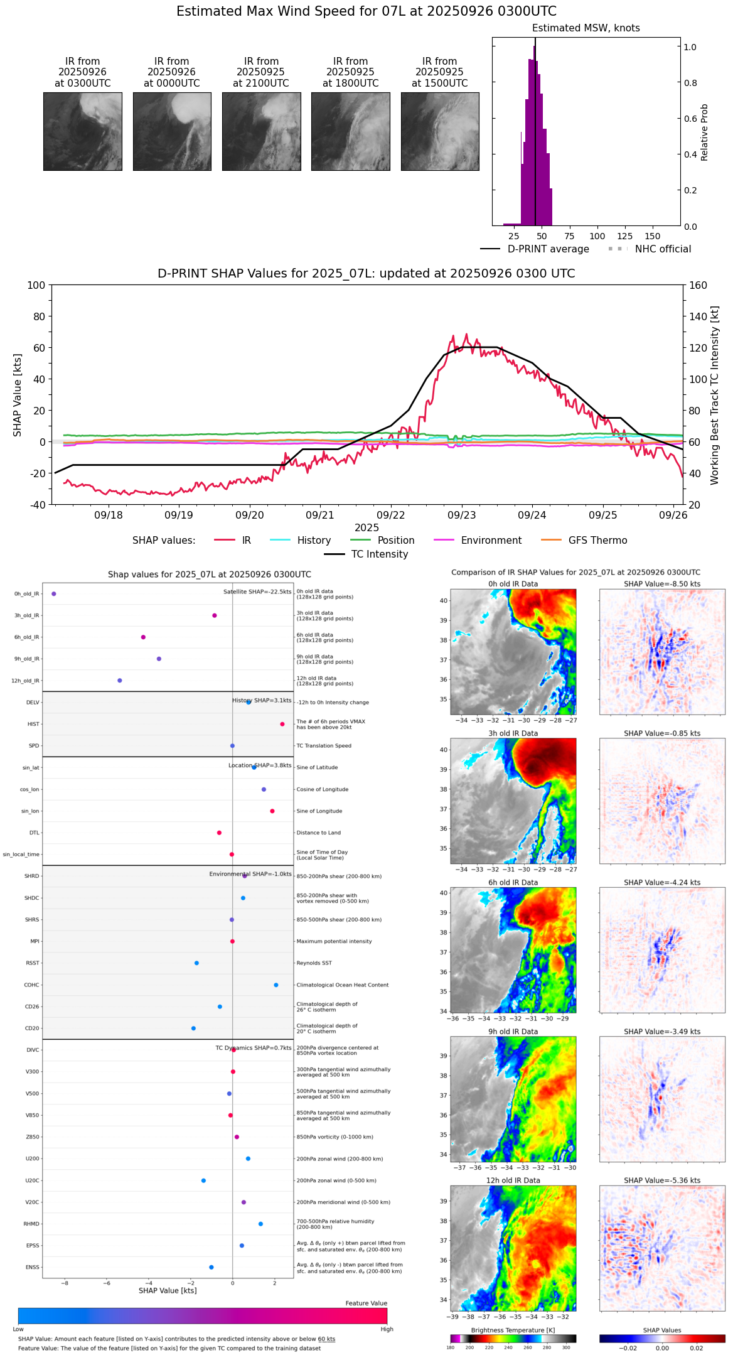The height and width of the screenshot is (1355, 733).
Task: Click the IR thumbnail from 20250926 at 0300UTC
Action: click(83, 131)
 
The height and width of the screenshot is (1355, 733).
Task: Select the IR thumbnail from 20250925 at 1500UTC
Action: click(440, 131)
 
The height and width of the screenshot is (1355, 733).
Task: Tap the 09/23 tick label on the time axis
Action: click(461, 515)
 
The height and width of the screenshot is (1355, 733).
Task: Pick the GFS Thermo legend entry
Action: click(597, 540)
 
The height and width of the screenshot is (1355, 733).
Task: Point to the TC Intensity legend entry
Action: click(379, 554)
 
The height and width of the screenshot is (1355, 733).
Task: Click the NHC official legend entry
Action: click(663, 249)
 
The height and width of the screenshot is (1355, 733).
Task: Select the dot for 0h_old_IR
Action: click(54, 593)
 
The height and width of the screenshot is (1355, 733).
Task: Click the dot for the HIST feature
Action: click(282, 724)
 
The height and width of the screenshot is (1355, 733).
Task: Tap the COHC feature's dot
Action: click(276, 985)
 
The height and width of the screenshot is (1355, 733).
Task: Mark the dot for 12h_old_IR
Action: click(120, 680)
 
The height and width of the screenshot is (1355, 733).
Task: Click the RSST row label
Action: click(32, 963)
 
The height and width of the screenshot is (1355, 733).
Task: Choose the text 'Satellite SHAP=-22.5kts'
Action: click(257, 591)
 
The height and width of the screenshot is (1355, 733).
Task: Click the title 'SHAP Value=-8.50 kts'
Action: click(662, 584)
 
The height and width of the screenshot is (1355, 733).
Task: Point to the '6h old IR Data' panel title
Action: click(513, 882)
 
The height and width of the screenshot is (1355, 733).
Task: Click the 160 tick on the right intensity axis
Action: click(698, 285)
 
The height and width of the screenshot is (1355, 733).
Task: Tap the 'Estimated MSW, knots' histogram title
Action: click(586, 28)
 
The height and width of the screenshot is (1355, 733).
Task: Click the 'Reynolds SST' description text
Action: click(314, 963)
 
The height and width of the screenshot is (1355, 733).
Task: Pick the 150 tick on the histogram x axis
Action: click(653, 236)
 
